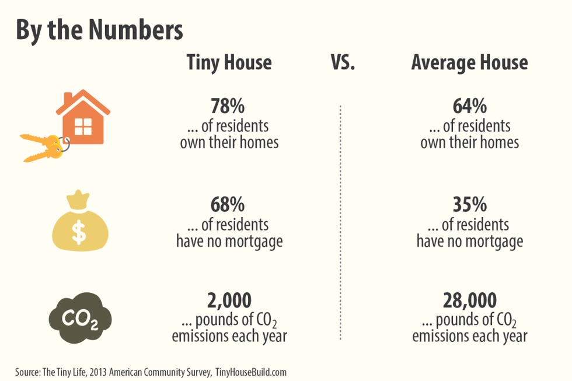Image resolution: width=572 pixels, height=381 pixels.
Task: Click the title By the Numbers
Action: click(99, 31)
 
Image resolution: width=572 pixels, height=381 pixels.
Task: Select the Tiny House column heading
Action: click(229, 62)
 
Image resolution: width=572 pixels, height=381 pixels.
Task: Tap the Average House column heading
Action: click(469, 62)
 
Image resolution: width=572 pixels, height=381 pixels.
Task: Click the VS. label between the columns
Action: click(343, 62)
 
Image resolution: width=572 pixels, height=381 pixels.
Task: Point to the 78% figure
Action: click(228, 107)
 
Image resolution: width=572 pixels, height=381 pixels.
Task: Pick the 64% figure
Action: click(469, 107)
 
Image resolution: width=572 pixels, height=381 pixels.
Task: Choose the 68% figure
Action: click(228, 205)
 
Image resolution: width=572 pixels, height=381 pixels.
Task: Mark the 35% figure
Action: click(469, 205)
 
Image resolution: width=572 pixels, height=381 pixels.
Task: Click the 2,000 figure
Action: click(229, 301)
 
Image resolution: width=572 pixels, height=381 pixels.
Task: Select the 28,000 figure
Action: click(469, 301)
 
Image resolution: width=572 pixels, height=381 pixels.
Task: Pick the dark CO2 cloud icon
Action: click(79, 318)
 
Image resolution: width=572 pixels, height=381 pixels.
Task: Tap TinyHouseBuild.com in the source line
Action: click(251, 372)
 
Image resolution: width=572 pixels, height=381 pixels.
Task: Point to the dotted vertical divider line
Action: click(340, 222)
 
